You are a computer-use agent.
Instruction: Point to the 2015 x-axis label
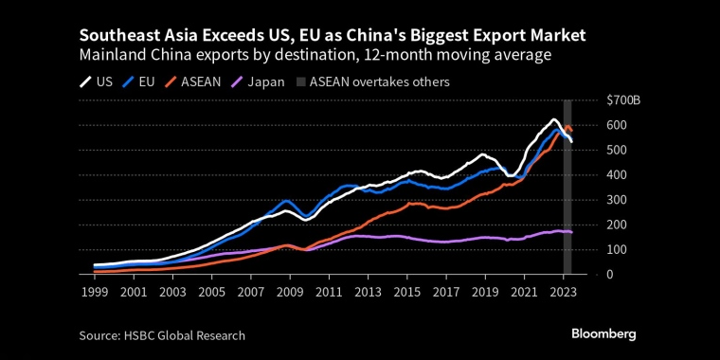407,293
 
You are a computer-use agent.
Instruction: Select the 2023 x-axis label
563,293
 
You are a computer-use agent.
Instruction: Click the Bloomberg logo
603,333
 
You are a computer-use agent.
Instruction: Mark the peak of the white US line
554,120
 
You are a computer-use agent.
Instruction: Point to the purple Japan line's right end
571,232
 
